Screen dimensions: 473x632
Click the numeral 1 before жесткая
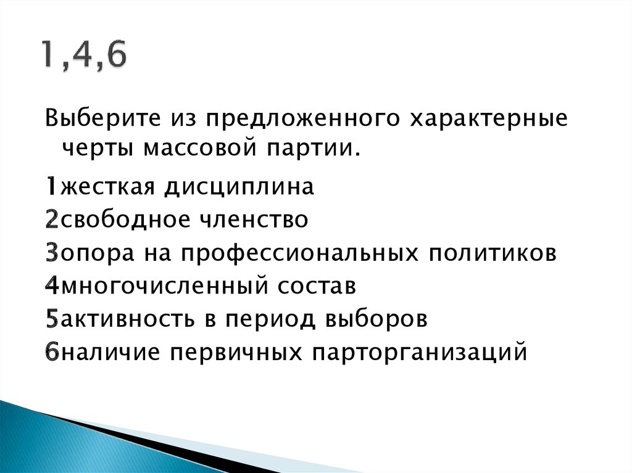pos(51,186)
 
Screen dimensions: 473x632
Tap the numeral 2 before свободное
pos(51,220)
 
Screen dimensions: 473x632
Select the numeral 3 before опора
pos(51,253)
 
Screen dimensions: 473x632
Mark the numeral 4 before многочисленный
pos(51,286)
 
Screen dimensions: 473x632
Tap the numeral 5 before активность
pos(51,320)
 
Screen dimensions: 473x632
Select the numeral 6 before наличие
pos(51,353)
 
